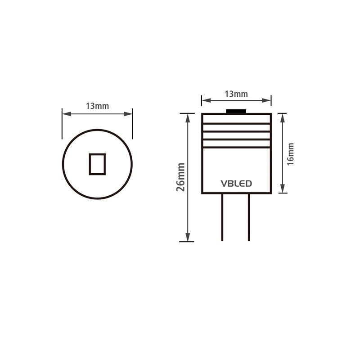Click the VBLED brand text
pos(236,184)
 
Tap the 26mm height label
pos(181,177)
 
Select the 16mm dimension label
pos(290,154)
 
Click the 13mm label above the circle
pos(97,106)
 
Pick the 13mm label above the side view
pos(236,94)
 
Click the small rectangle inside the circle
pos(97,164)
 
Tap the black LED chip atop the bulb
pos(236,111)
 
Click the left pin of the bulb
pos(222,217)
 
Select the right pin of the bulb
pos(249,217)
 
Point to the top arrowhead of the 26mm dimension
pos(188,118)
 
